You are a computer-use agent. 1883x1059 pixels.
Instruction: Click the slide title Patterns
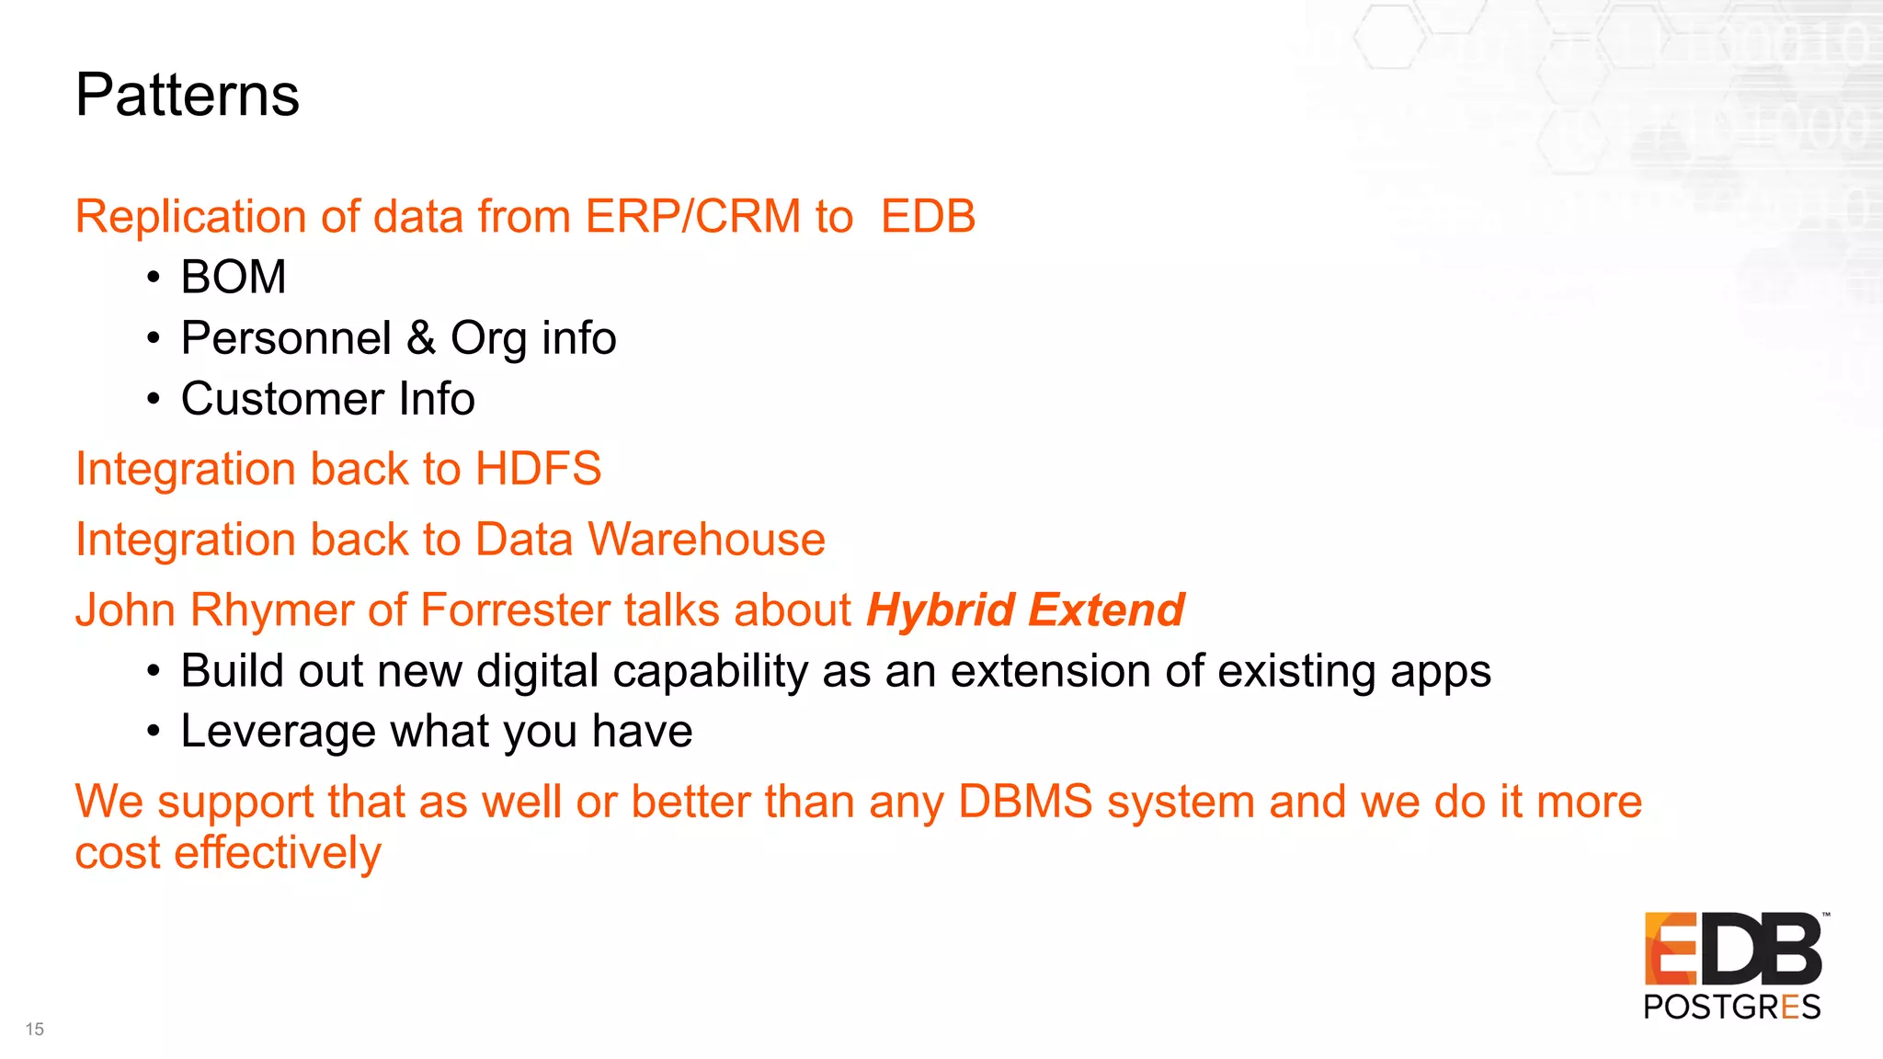pyautogui.click(x=188, y=96)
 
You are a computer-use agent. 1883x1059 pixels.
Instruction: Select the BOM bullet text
pyautogui.click(x=234, y=278)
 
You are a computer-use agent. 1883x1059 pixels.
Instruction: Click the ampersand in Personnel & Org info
pyautogui.click(x=421, y=337)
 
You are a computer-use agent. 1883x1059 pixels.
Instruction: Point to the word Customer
pyautogui.click(x=282, y=399)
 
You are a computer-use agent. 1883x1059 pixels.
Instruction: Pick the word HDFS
pyautogui.click(x=538, y=469)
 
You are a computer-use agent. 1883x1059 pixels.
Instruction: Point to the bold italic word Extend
pyautogui.click(x=1106, y=610)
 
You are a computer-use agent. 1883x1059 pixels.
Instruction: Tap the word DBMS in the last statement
pyautogui.click(x=1024, y=802)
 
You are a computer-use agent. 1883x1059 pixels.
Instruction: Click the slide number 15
pyautogui.click(x=35, y=1030)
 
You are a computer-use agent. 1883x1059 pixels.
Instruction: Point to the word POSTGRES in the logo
pyautogui.click(x=1731, y=1008)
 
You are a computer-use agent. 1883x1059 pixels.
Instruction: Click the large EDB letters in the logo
pyautogui.click(x=1733, y=949)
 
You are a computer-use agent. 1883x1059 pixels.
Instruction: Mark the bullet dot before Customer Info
pyautogui.click(x=154, y=400)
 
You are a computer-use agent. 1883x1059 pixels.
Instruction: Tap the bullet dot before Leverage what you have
pyautogui.click(x=154, y=733)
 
